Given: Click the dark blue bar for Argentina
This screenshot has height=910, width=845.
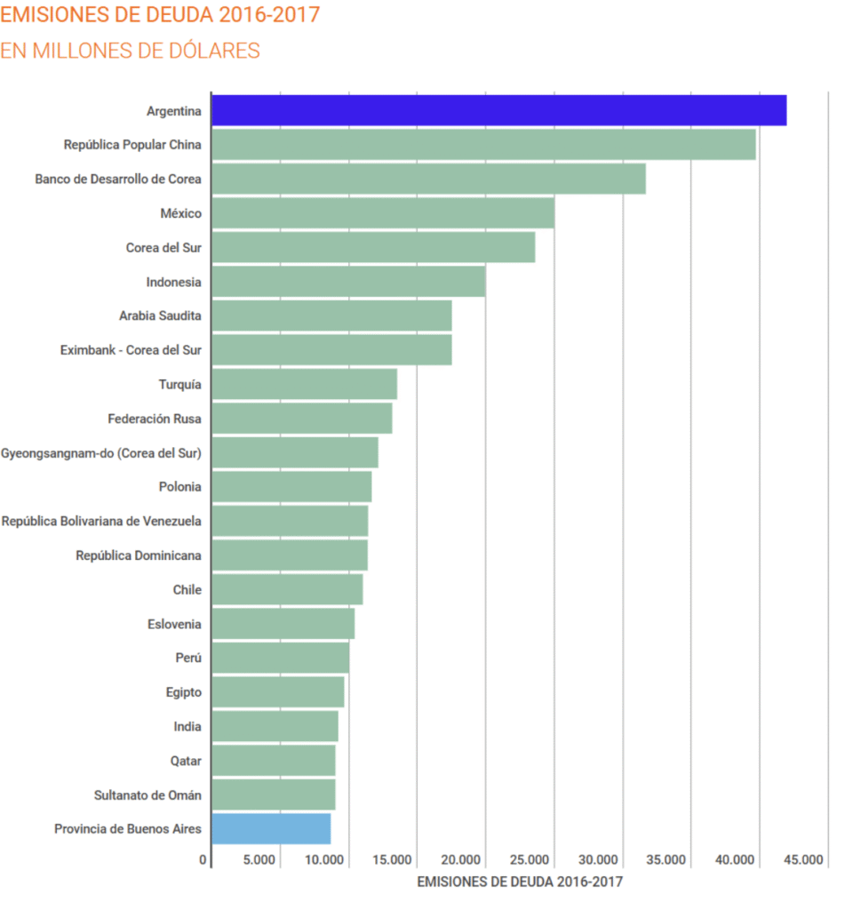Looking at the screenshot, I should pyautogui.click(x=498, y=110).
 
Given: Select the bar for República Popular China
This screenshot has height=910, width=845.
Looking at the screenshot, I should pyautogui.click(x=483, y=144).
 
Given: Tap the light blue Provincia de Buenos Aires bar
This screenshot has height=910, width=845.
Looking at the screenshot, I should pyautogui.click(x=271, y=829).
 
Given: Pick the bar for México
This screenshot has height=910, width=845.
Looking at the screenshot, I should pyautogui.click(x=383, y=213).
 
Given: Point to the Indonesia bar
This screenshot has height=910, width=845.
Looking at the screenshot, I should pyautogui.click(x=348, y=282).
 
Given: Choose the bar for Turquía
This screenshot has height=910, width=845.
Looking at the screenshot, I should pyautogui.click(x=304, y=384).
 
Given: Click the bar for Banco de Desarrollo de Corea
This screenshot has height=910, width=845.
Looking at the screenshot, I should pyautogui.click(x=428, y=179).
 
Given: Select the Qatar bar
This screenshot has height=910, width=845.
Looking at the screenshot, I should pyautogui.click(x=274, y=761).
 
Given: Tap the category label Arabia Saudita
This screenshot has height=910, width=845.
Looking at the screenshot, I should pyautogui.click(x=160, y=315).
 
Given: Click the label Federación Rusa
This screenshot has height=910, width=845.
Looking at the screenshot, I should pyautogui.click(x=155, y=418).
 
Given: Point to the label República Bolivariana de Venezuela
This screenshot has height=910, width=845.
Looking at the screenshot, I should pyautogui.click(x=101, y=521).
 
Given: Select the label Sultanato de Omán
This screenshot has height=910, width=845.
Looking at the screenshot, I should pyautogui.click(x=147, y=795).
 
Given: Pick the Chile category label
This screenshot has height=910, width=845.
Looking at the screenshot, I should pyautogui.click(x=187, y=590).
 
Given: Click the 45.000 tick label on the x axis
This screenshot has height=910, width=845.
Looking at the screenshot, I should pyautogui.click(x=804, y=860).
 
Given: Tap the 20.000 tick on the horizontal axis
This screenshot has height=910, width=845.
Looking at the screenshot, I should pyautogui.click(x=462, y=860).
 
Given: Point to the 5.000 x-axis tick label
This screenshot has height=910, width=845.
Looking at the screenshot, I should pyautogui.click(x=259, y=860).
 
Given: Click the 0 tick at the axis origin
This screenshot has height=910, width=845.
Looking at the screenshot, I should pyautogui.click(x=203, y=860).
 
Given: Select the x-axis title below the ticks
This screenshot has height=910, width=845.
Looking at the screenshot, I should pyautogui.click(x=520, y=882).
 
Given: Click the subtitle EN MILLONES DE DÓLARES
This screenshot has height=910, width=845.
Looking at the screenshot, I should pyautogui.click(x=130, y=51).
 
